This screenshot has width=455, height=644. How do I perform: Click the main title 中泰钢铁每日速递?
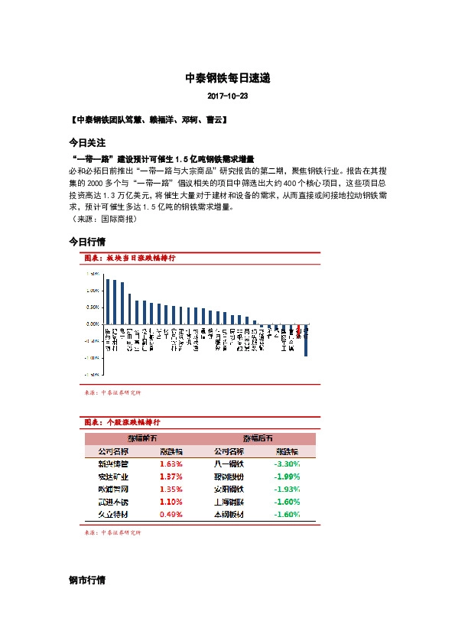click(227, 79)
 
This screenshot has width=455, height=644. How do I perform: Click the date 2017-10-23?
click(227, 98)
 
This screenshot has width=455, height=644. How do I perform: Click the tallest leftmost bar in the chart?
click(107, 301)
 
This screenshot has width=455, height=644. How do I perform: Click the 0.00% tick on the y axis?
click(92, 324)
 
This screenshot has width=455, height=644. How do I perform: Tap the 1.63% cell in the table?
click(171, 463)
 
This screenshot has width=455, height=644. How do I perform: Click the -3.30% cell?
click(287, 463)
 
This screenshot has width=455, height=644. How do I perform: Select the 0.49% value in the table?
click(171, 515)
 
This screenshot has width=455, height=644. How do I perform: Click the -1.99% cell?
click(287, 476)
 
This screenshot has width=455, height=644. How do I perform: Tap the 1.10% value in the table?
click(171, 502)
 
